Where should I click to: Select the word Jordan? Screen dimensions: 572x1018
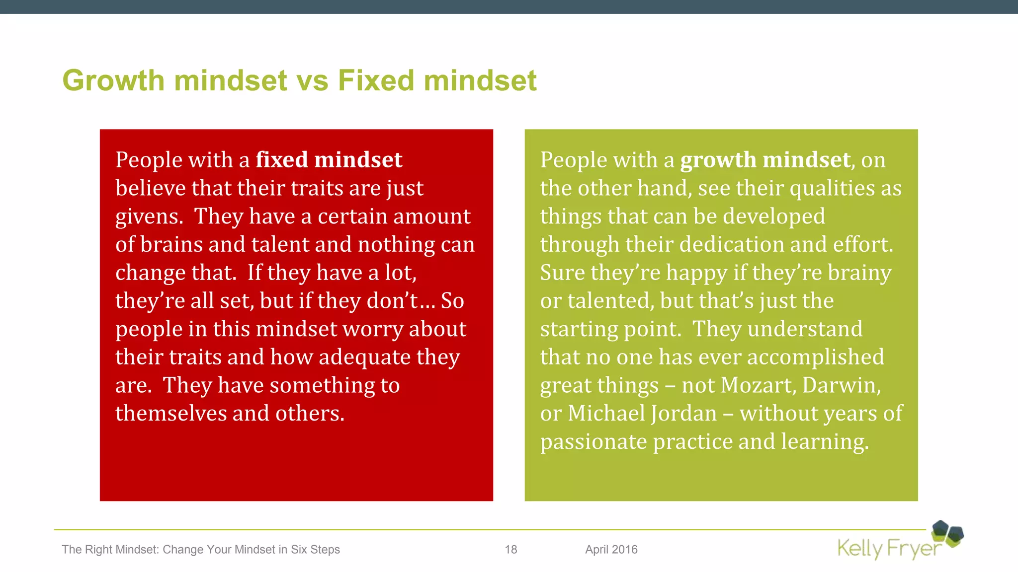684,414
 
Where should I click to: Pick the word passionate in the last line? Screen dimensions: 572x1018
594,442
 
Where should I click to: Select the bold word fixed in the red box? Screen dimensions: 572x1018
282,160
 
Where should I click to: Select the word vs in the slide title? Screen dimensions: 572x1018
312,80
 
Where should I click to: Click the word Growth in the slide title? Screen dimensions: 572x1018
113,80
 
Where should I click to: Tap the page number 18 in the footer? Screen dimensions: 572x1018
511,550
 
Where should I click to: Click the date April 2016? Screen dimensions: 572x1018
611,550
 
